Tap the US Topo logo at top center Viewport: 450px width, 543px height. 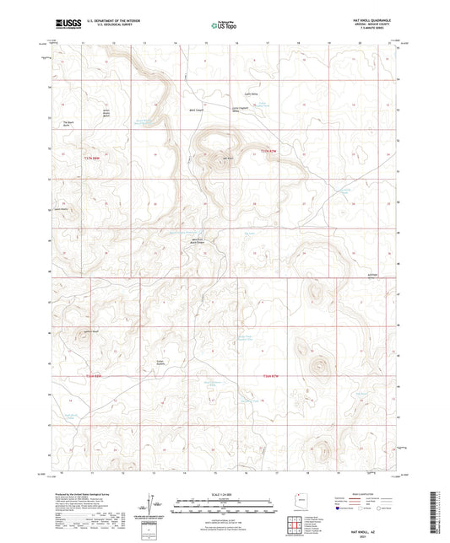click(219, 26)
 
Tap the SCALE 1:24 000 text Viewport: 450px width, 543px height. click(224, 494)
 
